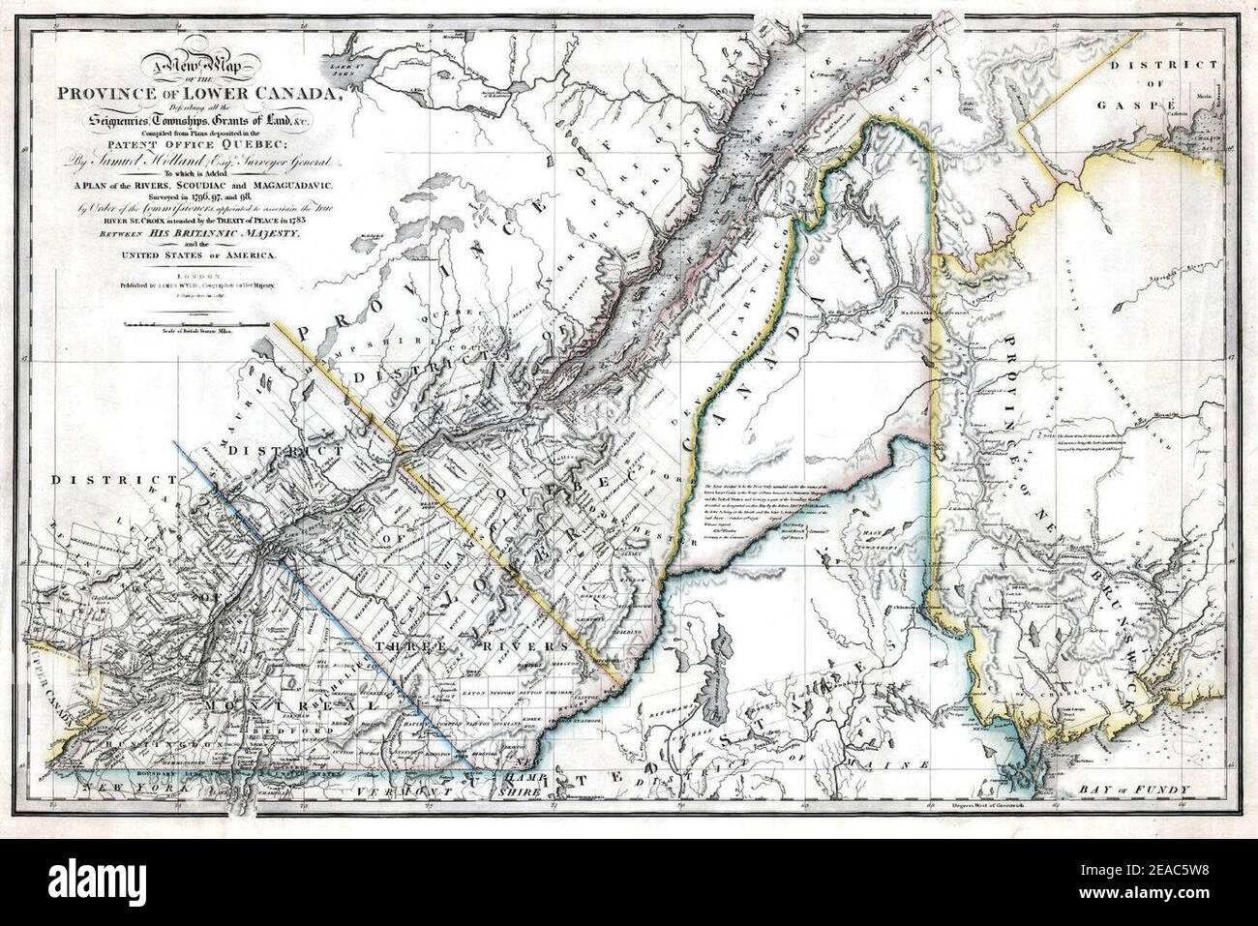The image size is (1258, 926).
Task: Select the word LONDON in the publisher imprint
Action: [x=198, y=277]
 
